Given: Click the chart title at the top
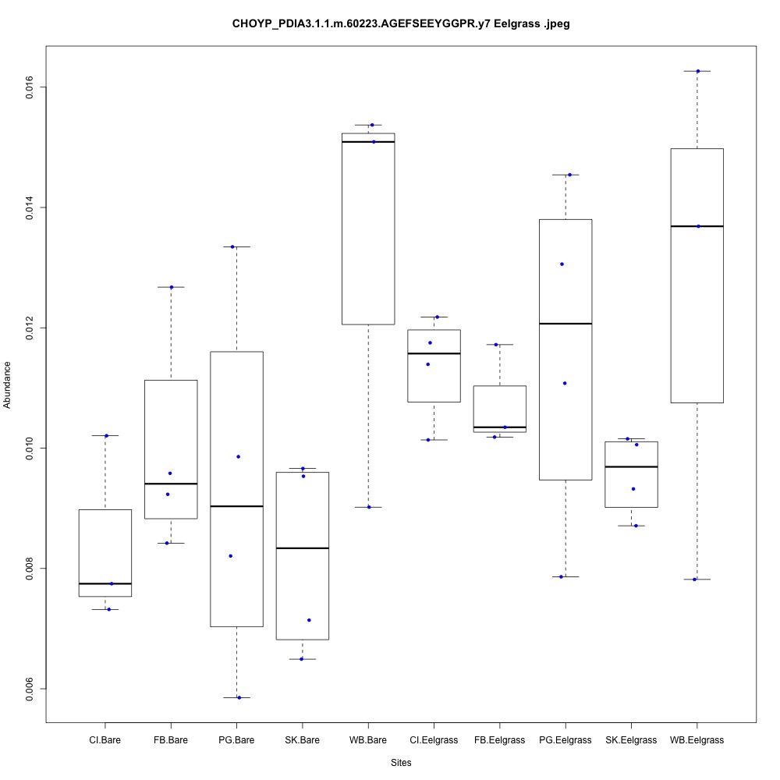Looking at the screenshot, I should (x=401, y=24).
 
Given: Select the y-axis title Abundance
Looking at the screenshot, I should (x=9, y=384).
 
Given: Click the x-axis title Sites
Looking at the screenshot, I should (x=400, y=762).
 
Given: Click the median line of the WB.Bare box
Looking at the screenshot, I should (x=368, y=142).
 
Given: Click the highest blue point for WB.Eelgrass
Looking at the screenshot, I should (x=698, y=71).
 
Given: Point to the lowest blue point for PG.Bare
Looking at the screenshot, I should (x=239, y=697).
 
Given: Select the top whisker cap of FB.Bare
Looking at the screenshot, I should (x=171, y=287).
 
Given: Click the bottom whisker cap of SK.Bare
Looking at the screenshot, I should (x=302, y=659).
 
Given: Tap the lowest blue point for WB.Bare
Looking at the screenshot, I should (x=369, y=507).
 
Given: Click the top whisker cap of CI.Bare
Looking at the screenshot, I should (x=105, y=435).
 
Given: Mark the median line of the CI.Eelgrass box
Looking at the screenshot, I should (x=434, y=353).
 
